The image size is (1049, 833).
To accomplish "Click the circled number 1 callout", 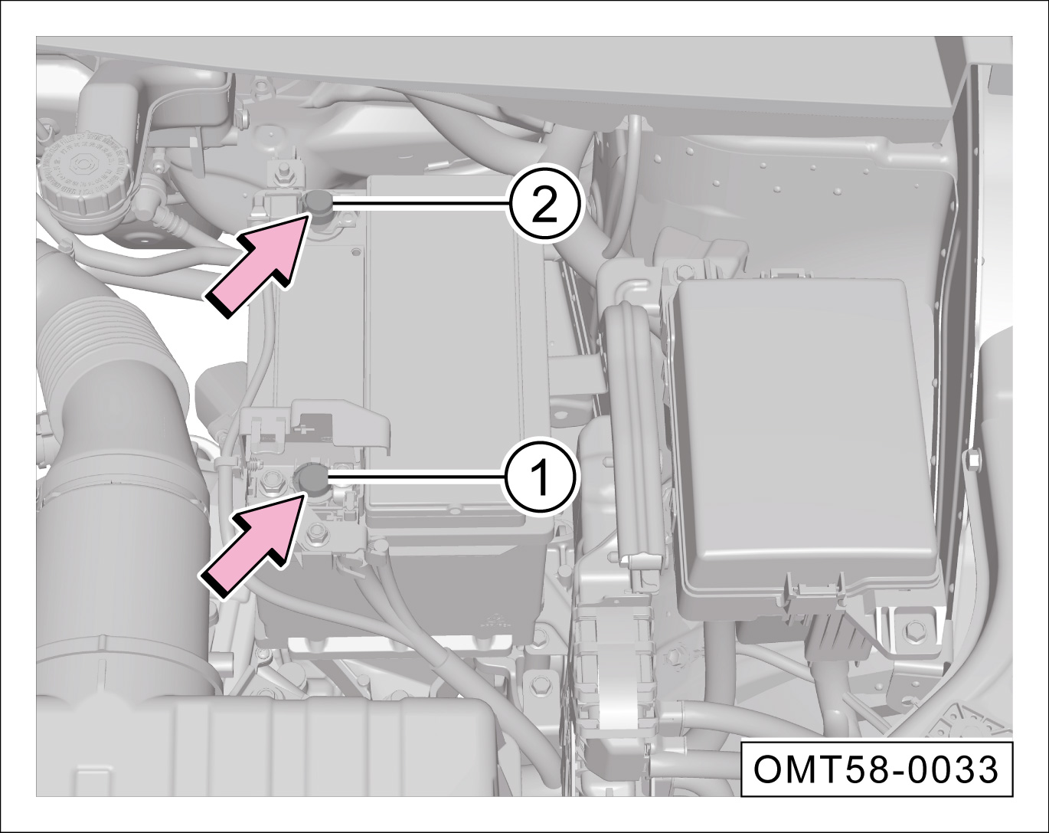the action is pyautogui.click(x=541, y=477).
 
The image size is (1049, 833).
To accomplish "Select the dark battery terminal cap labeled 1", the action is pyautogui.click(x=311, y=478).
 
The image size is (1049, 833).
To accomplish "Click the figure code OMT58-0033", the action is pyautogui.click(x=875, y=770).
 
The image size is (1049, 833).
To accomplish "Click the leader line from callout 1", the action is pyautogui.click(x=417, y=478).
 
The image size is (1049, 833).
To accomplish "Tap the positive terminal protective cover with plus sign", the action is pyautogui.click(x=317, y=425).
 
